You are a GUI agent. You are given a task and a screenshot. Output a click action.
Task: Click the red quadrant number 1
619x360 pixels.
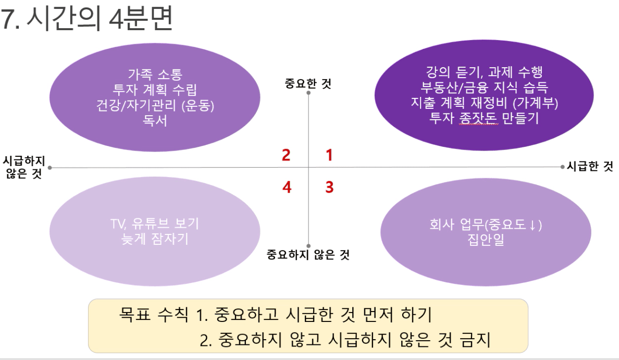coord(329,155)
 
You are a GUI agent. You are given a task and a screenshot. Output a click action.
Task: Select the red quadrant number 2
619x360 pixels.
coord(286,155)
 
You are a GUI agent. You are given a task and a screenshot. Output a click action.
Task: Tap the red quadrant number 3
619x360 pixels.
coord(329,187)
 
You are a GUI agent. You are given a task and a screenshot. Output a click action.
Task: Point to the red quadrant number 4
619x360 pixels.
coord(287,187)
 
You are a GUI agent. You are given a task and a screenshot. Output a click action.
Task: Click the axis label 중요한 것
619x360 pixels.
coord(308,83)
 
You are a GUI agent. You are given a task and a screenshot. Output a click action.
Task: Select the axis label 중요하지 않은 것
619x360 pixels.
coord(308,255)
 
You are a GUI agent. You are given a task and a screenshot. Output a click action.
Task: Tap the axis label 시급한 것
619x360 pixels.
coord(590,166)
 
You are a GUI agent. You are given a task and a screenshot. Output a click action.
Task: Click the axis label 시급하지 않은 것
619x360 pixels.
coord(24,167)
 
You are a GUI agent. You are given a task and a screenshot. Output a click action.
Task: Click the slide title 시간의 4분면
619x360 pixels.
coord(100,19)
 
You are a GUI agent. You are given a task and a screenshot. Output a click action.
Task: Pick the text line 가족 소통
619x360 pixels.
coord(155,74)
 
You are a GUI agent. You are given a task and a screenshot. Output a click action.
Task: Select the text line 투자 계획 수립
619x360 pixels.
coord(155,90)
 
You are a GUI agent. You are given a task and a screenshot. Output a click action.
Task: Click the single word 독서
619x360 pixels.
coord(155,120)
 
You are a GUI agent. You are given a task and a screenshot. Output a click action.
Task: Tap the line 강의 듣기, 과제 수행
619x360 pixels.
coord(485,72)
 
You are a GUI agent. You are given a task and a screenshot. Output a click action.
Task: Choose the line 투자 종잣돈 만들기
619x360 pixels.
coord(484,118)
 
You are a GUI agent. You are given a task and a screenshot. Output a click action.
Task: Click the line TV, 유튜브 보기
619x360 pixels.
coord(155,224)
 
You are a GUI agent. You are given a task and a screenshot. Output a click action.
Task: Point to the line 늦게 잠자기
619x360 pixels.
coord(155,239)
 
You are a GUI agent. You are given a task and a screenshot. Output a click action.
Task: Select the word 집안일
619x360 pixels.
coord(486,239)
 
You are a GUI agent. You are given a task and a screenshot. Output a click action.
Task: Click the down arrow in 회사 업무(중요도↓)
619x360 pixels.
coord(533,225)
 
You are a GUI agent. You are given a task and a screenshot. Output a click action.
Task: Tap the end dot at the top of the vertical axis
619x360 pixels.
coord(308,93)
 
